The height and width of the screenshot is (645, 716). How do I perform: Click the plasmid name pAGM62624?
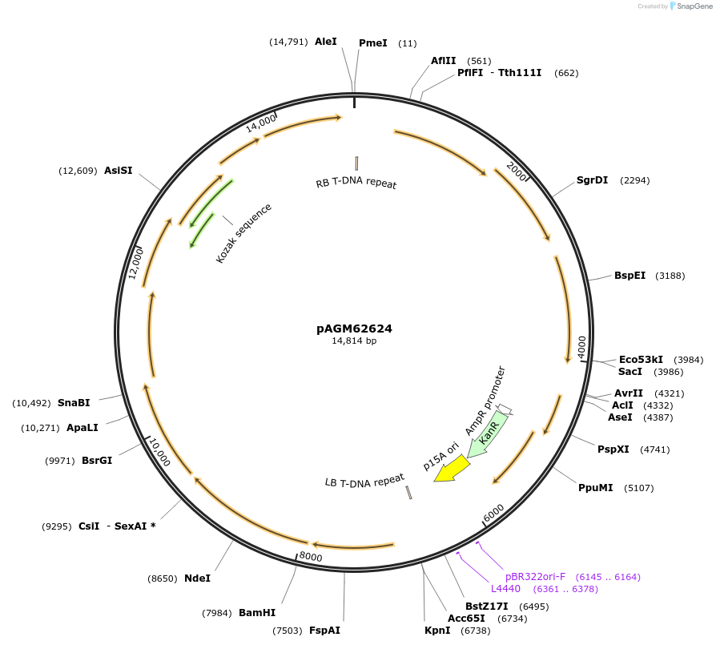[x=354, y=329]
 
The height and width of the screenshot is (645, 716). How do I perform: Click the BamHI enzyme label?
[x=257, y=613]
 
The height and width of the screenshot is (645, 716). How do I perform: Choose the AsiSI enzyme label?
[x=119, y=171]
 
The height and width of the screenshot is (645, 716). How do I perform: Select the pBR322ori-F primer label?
[x=535, y=577]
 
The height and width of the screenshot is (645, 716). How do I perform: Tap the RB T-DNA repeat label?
[x=356, y=183]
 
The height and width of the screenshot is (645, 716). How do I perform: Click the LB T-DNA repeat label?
[x=364, y=482]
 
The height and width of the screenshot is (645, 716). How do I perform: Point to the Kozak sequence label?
[x=244, y=233]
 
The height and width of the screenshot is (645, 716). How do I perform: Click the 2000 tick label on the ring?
[x=517, y=171]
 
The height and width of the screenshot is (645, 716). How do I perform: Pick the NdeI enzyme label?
[x=197, y=578]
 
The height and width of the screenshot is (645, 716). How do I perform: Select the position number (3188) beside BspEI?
[x=670, y=276]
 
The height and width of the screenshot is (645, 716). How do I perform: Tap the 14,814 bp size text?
[x=354, y=341]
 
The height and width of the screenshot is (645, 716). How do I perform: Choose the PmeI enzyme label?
[x=372, y=42]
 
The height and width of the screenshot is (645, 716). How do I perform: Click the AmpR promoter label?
[x=486, y=401]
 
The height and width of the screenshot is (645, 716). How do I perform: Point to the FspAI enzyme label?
[x=324, y=631]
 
